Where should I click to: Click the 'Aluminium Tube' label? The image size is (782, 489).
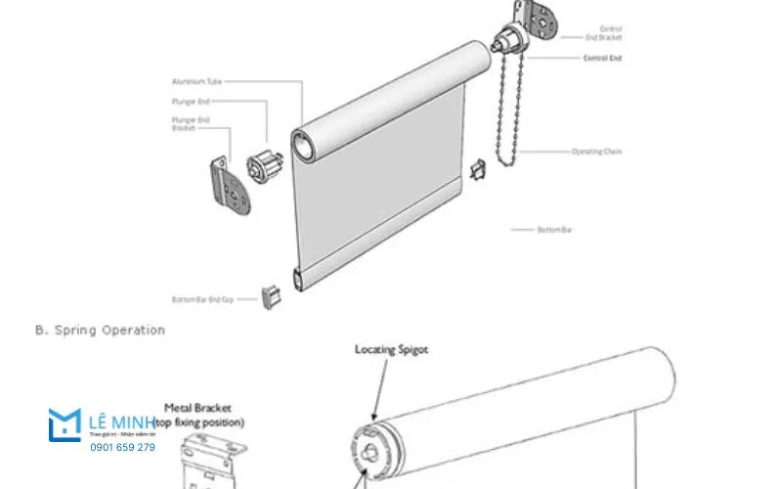pyautogui.click(x=195, y=81)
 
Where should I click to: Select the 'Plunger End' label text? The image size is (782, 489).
pyautogui.click(x=191, y=101)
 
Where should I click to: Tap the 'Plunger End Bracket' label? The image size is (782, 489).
pyautogui.click(x=190, y=123)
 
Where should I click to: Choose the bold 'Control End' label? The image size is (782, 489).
pyautogui.click(x=602, y=59)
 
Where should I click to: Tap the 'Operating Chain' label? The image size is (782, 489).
pyautogui.click(x=596, y=152)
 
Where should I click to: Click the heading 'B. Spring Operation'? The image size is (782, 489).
pyautogui.click(x=100, y=331)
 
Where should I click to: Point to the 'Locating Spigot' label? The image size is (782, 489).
pyautogui.click(x=391, y=348)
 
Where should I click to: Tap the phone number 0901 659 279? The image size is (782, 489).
pyautogui.click(x=122, y=447)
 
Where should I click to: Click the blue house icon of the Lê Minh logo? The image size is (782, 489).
pyautogui.click(x=65, y=424)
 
